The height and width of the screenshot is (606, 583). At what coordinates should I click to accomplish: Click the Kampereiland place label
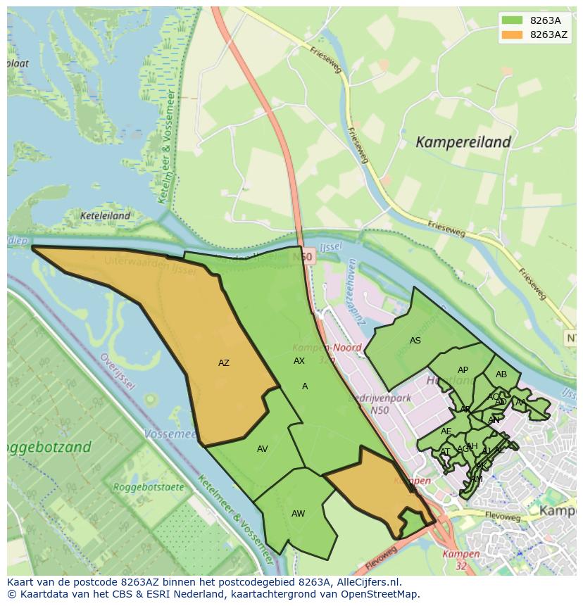tap(463, 142)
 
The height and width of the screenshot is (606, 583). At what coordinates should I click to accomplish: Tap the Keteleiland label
tap(106, 216)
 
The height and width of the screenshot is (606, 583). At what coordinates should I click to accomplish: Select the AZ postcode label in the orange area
tap(223, 363)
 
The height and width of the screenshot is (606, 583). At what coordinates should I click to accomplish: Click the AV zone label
tap(262, 449)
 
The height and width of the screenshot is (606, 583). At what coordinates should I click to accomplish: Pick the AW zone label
tap(298, 514)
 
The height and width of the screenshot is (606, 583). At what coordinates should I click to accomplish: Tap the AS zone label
tap(415, 341)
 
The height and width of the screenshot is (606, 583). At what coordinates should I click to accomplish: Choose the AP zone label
tap(463, 370)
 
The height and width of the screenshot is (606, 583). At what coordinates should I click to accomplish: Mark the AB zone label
tap(501, 374)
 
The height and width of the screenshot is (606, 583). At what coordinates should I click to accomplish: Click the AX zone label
tap(299, 361)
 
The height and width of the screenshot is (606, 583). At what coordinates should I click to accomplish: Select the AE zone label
tap(446, 431)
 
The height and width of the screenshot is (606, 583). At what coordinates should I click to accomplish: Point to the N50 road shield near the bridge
tap(303, 258)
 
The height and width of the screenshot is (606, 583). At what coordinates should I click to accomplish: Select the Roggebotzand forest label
tap(49, 447)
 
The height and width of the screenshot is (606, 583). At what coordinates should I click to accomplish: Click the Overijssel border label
tap(117, 370)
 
